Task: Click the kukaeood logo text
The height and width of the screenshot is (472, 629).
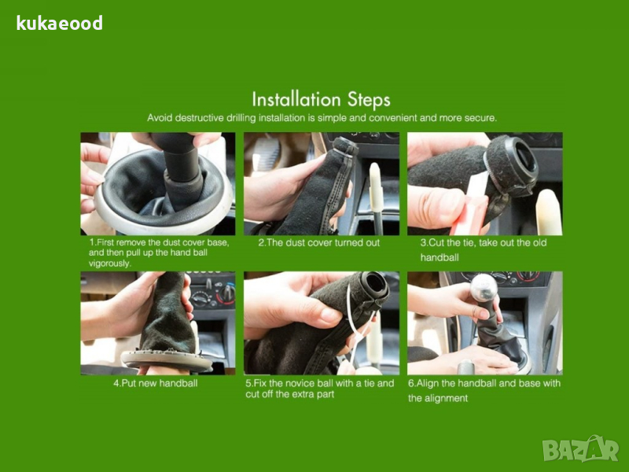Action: pyautogui.click(x=60, y=24)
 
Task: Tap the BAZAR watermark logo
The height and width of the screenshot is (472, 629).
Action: pyautogui.click(x=580, y=448)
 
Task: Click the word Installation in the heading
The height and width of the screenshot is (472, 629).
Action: pyautogui.click(x=296, y=99)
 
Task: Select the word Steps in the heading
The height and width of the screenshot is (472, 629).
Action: pyautogui.click(x=369, y=100)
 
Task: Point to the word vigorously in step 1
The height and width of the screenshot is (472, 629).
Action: pyautogui.click(x=109, y=264)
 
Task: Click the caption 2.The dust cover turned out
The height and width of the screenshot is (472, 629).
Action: pyautogui.click(x=319, y=242)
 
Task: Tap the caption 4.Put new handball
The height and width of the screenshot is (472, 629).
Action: pyautogui.click(x=156, y=383)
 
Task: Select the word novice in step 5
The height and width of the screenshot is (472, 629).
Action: pyautogui.click(x=300, y=383)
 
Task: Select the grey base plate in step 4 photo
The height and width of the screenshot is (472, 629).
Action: pyautogui.click(x=167, y=360)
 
